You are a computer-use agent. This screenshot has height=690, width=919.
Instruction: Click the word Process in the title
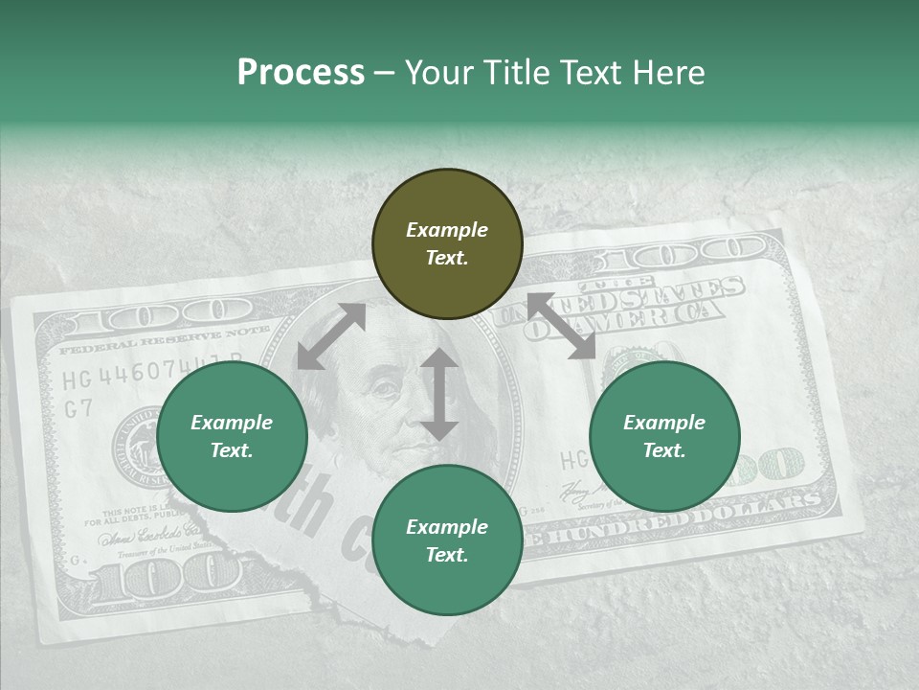301,73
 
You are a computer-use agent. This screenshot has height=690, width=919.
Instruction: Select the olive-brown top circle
447,244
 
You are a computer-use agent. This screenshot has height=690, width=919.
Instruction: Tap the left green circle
232,437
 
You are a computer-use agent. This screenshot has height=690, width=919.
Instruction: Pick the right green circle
664,437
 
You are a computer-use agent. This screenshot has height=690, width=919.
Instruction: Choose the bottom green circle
447,540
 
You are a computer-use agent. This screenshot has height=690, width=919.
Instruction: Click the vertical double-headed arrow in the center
439,394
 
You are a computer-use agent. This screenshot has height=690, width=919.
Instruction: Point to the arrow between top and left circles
331,336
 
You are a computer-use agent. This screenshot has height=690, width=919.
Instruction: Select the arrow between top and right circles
561,326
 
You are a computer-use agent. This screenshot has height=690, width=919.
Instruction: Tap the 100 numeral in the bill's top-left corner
181,313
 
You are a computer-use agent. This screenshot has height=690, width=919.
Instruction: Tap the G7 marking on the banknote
78,408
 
